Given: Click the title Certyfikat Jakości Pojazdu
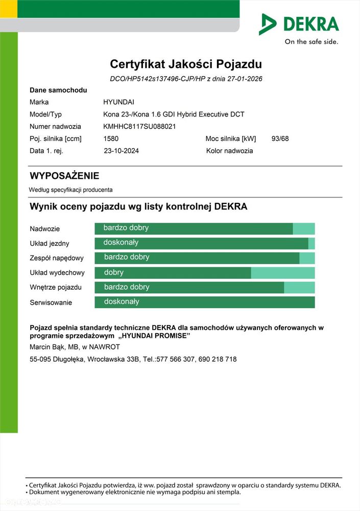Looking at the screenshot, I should (186, 64).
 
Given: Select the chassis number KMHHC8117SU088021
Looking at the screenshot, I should (139, 126).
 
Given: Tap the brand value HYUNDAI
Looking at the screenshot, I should (118, 102).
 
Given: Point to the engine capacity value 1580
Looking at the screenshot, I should (111, 138).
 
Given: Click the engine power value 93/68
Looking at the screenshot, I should (280, 138).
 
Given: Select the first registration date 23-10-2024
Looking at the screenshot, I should (121, 151).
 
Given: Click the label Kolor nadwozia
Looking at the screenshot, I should (229, 151).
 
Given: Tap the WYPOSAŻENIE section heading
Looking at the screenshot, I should (64, 176).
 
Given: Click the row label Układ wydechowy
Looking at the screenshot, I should (57, 273).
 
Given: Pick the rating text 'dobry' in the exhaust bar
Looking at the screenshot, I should (114, 272).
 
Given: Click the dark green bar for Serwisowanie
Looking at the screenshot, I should (204, 302).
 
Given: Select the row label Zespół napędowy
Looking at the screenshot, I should (57, 258).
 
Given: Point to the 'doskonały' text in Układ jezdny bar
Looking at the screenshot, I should (121, 242).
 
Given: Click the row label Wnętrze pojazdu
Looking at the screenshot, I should (56, 288).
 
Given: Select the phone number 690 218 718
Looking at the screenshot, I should (218, 359).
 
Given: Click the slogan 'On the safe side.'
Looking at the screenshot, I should (311, 42).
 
